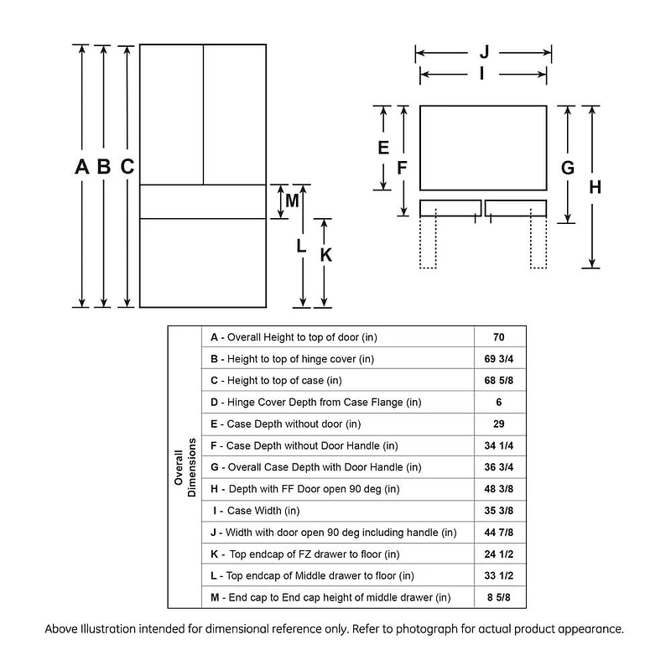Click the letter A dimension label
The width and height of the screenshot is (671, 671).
pos(81,167)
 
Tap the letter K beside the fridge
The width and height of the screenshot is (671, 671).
pos(326,255)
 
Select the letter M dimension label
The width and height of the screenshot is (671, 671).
pos(292,200)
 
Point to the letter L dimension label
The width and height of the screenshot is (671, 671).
pos(302,246)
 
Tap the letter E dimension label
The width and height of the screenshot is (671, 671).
pos(382,148)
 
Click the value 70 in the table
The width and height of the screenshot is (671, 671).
pos(498,337)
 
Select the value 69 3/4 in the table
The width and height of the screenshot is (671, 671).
pos(498,359)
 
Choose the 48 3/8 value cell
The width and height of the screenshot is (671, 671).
pos(498,489)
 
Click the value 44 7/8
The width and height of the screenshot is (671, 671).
pos(498,533)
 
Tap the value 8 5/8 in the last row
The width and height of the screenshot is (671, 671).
pos(498,597)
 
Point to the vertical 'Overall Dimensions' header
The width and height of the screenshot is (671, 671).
pos(185,467)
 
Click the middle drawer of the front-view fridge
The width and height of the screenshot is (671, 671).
pos(202,201)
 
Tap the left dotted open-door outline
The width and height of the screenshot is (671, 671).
pos(428,243)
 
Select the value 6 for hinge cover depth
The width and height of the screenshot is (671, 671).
pos(498,403)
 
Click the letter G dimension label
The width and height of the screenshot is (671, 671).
pos(568,168)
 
